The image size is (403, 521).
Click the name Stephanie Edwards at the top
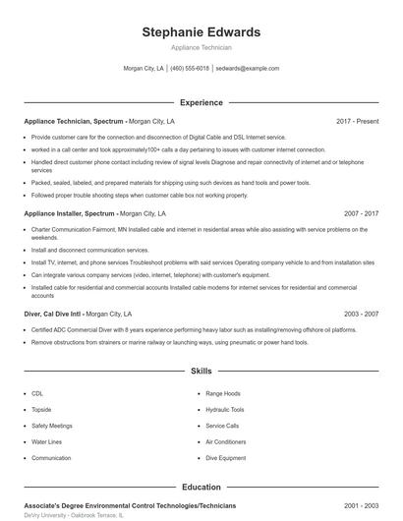(x=201, y=32)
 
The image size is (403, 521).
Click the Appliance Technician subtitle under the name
(x=201, y=47)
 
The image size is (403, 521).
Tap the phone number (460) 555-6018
(x=190, y=69)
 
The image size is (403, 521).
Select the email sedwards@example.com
(x=247, y=69)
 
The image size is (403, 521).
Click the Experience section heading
(x=201, y=102)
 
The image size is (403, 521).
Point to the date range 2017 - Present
(x=357, y=121)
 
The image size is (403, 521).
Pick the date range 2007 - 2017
(x=361, y=212)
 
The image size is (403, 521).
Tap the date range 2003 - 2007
(x=361, y=313)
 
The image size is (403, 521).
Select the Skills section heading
(x=201, y=372)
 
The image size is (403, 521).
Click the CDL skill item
(x=37, y=393)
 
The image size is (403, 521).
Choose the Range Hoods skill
(x=222, y=393)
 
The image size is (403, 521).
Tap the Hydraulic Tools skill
(x=225, y=409)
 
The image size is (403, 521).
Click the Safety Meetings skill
(x=51, y=426)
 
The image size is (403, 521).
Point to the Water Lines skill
(x=45, y=441)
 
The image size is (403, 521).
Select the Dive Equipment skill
(x=225, y=458)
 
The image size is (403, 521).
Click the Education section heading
(x=201, y=487)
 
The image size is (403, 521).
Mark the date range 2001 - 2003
(x=361, y=505)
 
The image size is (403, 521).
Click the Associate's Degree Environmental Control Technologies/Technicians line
(x=115, y=505)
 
